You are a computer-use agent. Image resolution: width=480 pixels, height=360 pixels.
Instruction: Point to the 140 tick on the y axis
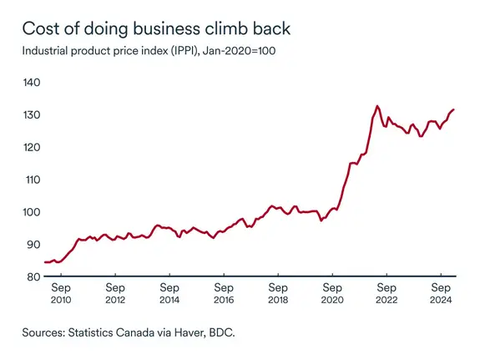tap(33, 82)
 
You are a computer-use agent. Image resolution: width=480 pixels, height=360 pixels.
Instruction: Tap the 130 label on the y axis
tap(33, 114)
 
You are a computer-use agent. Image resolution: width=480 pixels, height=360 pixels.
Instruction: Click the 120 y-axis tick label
tap(33, 147)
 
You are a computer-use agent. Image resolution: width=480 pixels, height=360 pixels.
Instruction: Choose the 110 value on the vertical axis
tap(33, 180)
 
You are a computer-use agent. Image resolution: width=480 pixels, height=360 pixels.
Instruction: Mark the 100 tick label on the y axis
tap(33, 212)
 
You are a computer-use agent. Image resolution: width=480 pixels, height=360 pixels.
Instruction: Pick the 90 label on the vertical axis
tap(33, 245)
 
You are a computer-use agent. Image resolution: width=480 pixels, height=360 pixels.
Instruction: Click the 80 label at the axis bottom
tap(33, 276)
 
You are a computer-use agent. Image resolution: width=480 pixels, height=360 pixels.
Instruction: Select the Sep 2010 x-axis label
tap(61, 293)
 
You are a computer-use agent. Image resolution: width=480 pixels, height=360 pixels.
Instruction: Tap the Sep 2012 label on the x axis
tap(115, 293)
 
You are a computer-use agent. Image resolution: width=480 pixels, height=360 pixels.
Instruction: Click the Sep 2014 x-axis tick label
tap(169, 293)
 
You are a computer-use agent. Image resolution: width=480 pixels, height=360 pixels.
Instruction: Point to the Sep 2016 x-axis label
tap(224, 293)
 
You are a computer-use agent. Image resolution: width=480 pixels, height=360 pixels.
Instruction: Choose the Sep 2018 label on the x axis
tap(278, 293)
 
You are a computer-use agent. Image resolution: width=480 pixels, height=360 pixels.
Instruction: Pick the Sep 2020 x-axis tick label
tap(332, 293)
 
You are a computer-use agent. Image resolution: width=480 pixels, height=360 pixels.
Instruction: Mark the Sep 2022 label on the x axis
tap(387, 293)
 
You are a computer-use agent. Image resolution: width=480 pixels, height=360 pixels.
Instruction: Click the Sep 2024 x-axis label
tap(441, 293)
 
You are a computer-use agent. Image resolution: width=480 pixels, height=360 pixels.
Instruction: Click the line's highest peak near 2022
tap(377, 106)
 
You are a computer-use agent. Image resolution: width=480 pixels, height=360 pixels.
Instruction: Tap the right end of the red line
tap(453, 109)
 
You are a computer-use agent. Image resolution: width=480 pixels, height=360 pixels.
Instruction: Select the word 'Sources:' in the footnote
tap(46, 332)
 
